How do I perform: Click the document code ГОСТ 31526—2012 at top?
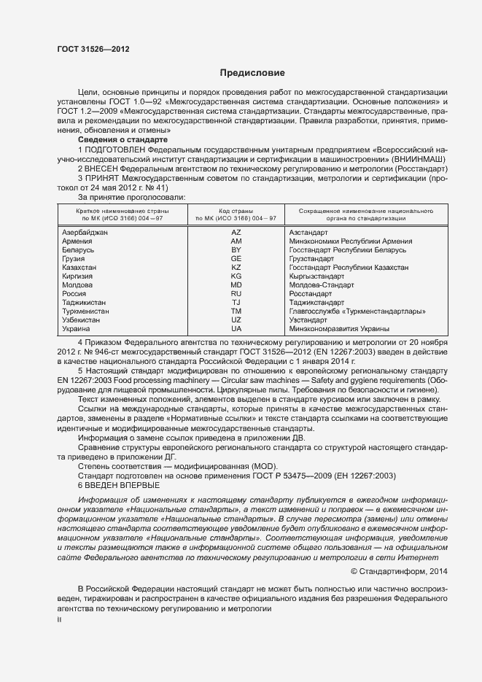click(x=93, y=48)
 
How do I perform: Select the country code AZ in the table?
click(x=236, y=232)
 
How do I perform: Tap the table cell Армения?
click(x=78, y=241)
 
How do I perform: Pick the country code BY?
click(x=236, y=250)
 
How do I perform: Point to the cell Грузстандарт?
click(x=311, y=259)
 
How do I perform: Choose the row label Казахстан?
click(x=80, y=268)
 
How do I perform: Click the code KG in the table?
click(x=236, y=276)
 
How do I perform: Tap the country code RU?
click(x=236, y=294)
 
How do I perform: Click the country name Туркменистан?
click(x=86, y=311)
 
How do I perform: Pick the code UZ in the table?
click(x=236, y=320)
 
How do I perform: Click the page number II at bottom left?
click(x=60, y=619)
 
